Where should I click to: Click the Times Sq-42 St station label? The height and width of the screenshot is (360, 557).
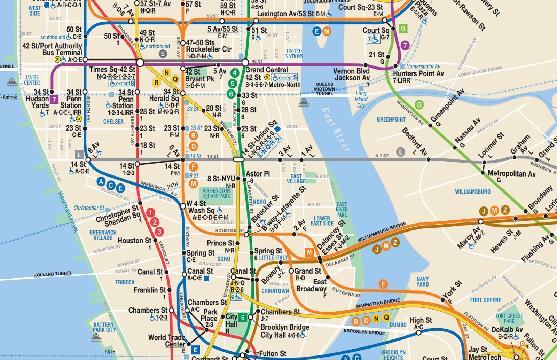click(112, 70)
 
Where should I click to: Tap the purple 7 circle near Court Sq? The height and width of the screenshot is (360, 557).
click(405, 45)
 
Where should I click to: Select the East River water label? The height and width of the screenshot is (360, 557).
click(336, 129)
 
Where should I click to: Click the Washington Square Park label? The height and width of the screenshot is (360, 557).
click(216, 194)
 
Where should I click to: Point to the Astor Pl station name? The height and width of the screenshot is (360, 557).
click(258, 174)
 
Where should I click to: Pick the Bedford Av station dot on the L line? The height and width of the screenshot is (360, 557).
click(429, 159)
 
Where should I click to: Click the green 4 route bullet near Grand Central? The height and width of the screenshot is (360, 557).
click(235, 73)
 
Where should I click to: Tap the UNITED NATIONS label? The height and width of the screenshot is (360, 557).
click(294, 54)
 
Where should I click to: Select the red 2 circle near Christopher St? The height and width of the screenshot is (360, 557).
click(155, 222)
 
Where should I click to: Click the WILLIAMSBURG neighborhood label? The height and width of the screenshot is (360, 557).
click(472, 191)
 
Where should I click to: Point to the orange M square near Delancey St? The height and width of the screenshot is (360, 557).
click(309, 252)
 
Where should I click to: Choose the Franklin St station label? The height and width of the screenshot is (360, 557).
click(150, 290)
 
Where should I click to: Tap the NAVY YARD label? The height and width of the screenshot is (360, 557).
click(423, 282)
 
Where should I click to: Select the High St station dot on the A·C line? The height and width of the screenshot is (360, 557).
click(418, 332)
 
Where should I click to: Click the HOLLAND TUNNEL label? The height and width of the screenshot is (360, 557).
click(53, 274)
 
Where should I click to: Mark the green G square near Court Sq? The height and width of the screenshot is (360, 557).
click(403, 29)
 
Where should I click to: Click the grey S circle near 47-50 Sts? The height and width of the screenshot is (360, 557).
click(163, 54)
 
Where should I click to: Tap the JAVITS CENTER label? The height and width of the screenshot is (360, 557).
click(32, 80)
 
